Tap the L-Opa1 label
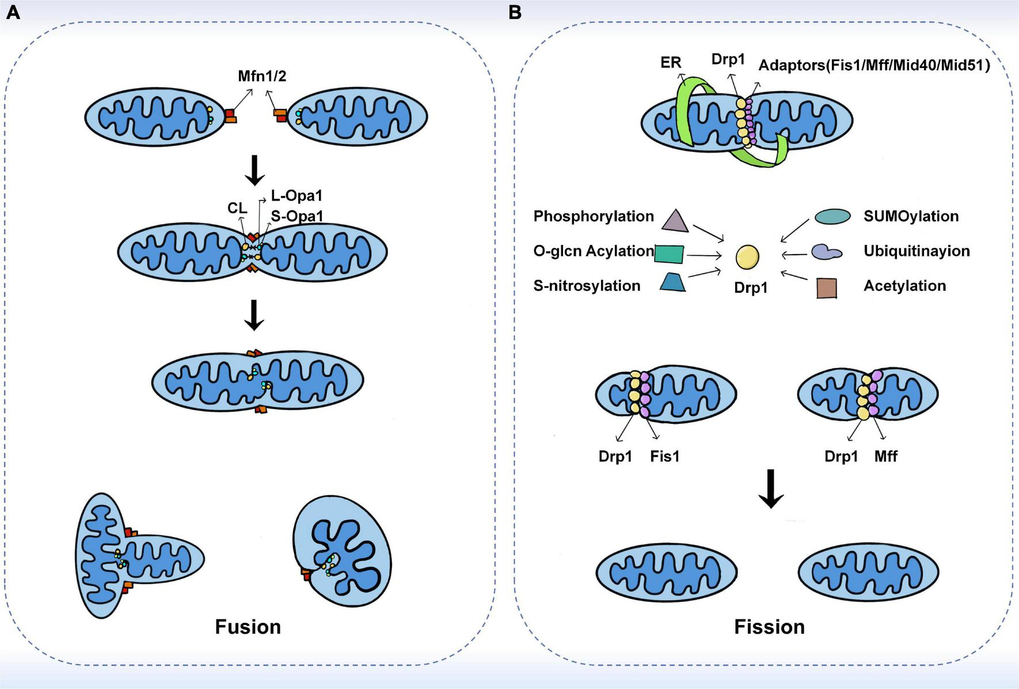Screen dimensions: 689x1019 (x=296, y=196)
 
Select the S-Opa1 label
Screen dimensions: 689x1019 (x=296, y=216)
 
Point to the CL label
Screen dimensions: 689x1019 (x=237, y=208)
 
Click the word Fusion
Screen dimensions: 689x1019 (x=248, y=627)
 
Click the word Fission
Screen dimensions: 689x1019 (x=769, y=627)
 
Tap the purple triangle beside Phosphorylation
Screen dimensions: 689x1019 (x=675, y=221)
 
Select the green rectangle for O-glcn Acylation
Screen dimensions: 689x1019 (x=669, y=254)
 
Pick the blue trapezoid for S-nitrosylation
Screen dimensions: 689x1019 (x=672, y=282)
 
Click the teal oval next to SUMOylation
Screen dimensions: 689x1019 (x=832, y=216)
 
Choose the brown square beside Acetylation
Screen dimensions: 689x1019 (x=827, y=287)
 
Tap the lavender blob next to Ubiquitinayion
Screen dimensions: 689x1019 (x=826, y=252)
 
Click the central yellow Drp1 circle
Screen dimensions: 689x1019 (x=747, y=257)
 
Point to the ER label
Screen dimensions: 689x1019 (x=671, y=62)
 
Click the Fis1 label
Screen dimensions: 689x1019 (x=665, y=457)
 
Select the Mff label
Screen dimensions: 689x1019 (x=885, y=457)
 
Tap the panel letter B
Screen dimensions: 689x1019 (x=515, y=12)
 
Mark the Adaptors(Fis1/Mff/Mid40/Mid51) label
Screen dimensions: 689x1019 (x=874, y=65)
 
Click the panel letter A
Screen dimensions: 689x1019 (x=13, y=12)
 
